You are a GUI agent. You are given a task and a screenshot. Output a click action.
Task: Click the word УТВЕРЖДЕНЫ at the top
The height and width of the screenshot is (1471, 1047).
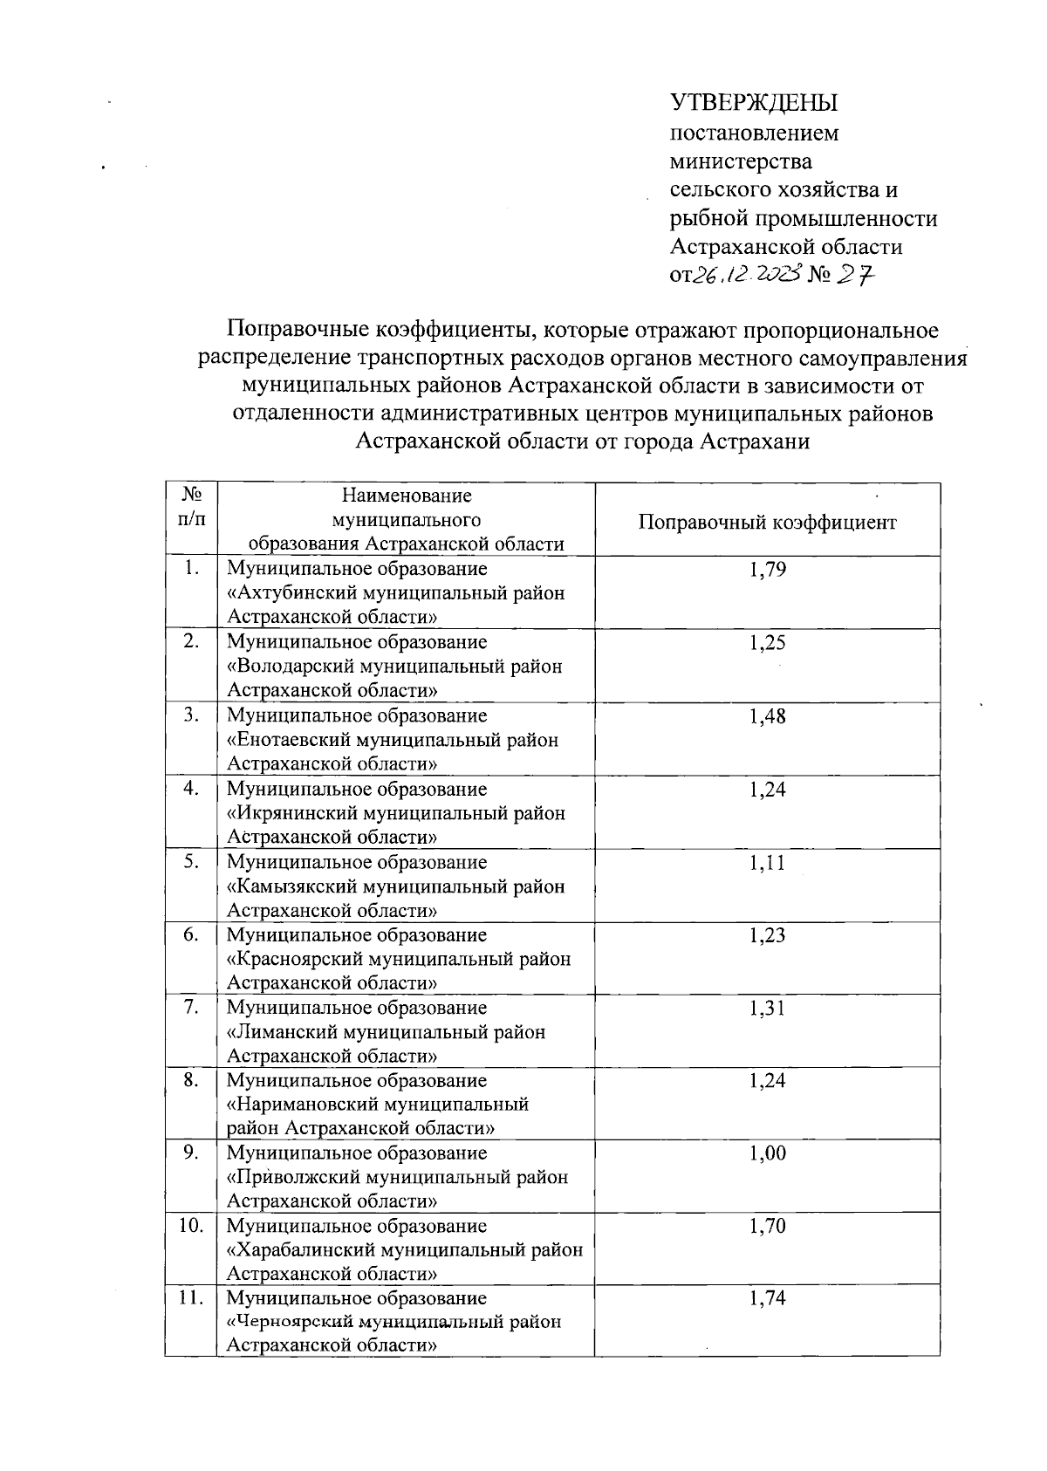pos(753,103)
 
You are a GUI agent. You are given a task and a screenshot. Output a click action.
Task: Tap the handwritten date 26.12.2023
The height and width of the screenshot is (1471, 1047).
pos(747,276)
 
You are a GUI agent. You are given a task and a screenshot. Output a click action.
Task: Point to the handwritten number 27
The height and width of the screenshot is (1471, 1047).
pos(854,275)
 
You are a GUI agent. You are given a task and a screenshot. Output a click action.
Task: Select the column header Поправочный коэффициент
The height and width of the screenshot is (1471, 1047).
pos(767,522)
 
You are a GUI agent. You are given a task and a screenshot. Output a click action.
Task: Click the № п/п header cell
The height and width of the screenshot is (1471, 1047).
pos(191,507)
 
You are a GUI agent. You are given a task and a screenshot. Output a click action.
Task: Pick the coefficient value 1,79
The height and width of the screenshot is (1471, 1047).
pos(767,571)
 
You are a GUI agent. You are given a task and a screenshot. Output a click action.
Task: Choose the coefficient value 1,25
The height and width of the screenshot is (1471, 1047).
pos(767,643)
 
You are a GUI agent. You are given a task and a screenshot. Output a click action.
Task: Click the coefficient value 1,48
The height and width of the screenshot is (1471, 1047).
pos(767,716)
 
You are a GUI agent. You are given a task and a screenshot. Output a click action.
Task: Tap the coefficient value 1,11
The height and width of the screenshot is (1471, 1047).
pos(767,863)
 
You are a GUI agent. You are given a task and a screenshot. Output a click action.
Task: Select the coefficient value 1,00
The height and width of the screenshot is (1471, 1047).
pos(767,1153)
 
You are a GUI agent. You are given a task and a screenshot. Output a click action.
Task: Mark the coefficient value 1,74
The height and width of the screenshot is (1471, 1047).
pos(767,1298)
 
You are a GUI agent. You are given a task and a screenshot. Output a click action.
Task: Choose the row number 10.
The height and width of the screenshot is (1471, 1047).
pos(191,1226)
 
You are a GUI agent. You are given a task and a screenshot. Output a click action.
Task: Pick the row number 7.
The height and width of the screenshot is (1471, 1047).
pos(191,1008)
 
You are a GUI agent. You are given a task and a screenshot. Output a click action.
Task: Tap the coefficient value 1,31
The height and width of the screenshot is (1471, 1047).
pos(767,1009)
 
